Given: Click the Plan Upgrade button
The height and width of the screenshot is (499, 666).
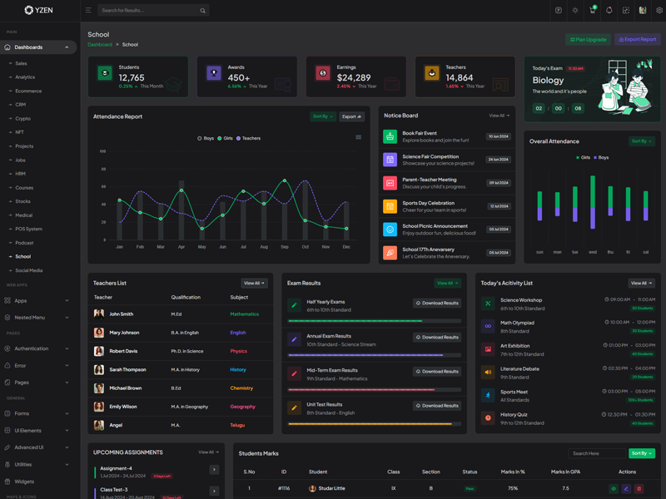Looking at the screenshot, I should point(588,39).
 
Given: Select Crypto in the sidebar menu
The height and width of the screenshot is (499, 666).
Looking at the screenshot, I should point(23,119).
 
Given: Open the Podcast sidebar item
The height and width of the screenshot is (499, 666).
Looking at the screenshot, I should point(24,243).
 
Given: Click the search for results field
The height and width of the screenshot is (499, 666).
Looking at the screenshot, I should point(148,11).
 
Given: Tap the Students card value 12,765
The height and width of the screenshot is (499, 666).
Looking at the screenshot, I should point(132,77).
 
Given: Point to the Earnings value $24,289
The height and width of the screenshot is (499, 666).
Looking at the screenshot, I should point(354,77).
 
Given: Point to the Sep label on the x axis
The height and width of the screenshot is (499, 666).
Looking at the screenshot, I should point(285,247).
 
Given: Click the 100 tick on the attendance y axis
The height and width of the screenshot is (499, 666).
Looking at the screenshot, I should point(102,151).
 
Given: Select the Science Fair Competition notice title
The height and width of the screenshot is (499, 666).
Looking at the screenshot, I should point(430,156).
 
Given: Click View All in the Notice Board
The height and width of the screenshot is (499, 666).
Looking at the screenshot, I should point(499,116).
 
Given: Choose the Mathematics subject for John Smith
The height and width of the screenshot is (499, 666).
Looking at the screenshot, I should point(244,314).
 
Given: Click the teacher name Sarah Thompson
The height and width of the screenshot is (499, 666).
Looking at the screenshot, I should point(127,369).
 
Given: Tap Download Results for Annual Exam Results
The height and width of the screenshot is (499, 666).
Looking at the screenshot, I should point(437,338).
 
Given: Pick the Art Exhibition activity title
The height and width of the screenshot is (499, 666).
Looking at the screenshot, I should point(514,345).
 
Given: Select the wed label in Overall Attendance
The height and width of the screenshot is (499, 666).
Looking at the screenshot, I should point(593,252).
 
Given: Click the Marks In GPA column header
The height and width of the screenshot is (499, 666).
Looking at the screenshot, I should point(565,472).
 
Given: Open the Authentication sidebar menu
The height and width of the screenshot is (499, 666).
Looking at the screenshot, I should point(32,348).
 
